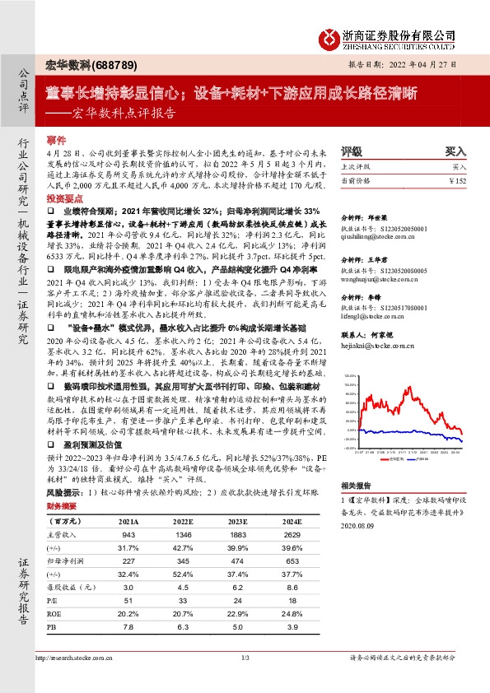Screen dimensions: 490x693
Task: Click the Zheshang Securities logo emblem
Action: click(329, 37)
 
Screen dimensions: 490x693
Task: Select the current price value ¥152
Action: click(459, 180)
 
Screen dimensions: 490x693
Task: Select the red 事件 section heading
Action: click(56, 141)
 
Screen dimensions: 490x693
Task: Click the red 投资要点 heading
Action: click(65, 200)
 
